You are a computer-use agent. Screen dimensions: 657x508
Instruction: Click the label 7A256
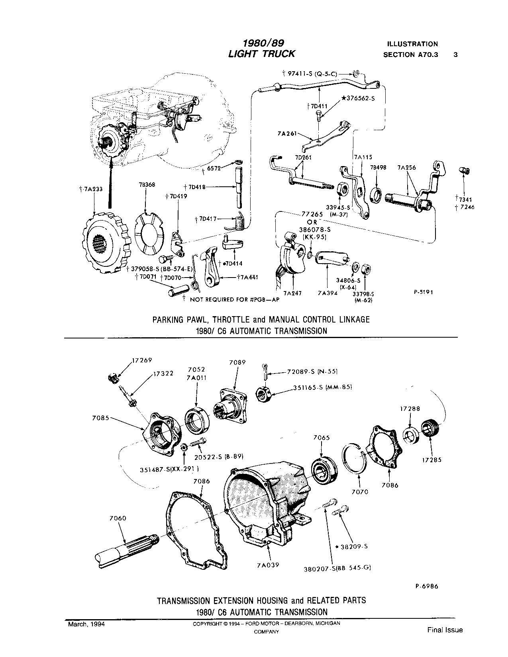pos(406,168)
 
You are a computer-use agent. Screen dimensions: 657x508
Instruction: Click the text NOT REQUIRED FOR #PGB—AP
pos(233,299)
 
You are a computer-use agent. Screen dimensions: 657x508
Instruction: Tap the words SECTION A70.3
pos(410,55)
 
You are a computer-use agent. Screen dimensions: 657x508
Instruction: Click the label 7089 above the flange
pos(237,362)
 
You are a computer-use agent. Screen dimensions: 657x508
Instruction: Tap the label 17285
pos(432,460)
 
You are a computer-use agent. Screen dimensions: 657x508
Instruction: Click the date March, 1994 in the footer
pos(86,624)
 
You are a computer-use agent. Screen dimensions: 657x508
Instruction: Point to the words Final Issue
pos(445,630)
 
